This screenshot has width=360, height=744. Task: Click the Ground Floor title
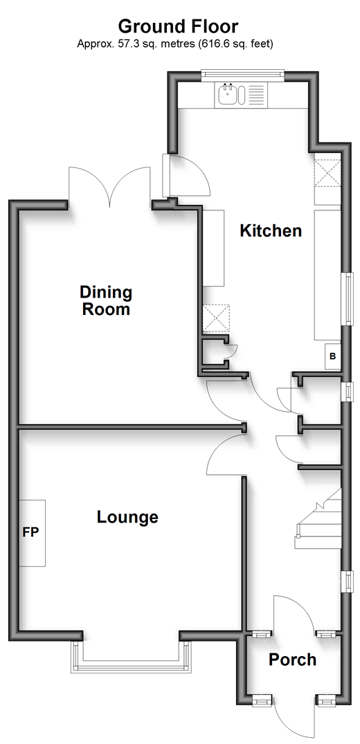tap(178, 26)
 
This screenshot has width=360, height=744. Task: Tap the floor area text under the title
tap(175, 44)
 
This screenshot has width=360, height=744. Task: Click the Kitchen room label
tap(271, 231)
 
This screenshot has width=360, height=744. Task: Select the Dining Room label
tap(106, 300)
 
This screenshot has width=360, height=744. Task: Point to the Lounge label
tap(127, 517)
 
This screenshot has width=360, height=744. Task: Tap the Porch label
tap(293, 660)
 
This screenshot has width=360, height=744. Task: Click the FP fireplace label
tap(30, 532)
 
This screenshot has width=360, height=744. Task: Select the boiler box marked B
tap(332, 356)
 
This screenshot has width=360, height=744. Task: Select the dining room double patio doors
tap(109, 187)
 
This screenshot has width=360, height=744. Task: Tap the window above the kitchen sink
tap(242, 73)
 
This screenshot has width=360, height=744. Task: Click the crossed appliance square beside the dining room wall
tap(216, 318)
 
